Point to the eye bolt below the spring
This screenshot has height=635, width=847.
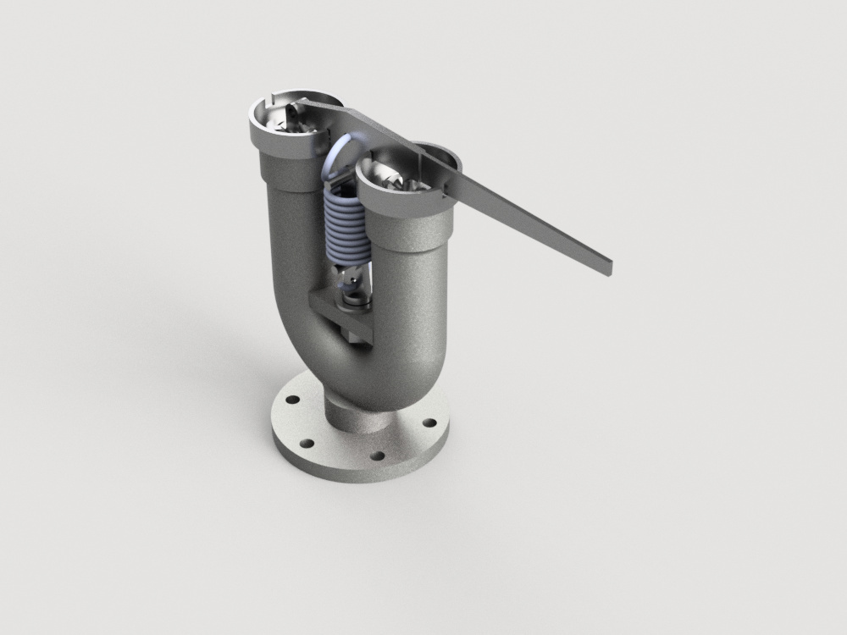click(x=352, y=279)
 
